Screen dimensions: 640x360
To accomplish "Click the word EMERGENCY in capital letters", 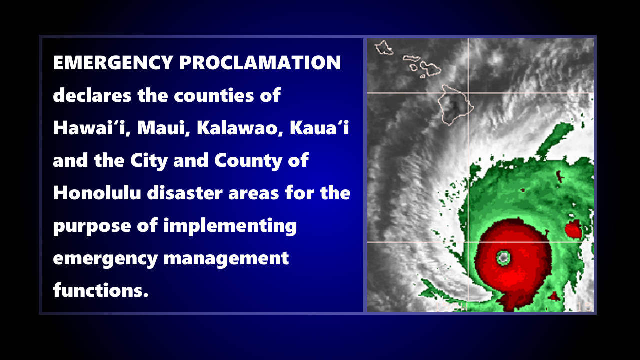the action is (x=113, y=62).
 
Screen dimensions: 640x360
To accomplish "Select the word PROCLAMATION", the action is (x=260, y=62).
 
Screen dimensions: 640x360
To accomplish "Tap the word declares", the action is (x=92, y=95).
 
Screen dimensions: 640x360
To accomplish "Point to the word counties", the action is (x=214, y=95).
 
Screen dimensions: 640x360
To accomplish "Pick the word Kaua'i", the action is (x=319, y=128).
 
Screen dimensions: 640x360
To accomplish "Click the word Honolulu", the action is (x=97, y=193).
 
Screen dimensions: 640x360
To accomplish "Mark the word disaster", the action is (x=185, y=193).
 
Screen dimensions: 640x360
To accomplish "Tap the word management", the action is (x=226, y=258).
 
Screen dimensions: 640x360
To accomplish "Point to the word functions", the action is (x=101, y=290).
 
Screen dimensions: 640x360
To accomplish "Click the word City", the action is (x=149, y=161).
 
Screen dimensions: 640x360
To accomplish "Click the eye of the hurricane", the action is (x=503, y=257).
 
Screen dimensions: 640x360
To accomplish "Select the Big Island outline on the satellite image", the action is (x=456, y=105).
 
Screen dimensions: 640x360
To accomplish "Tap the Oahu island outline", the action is (x=384, y=47).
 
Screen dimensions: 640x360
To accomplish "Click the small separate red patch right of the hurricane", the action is (x=573, y=229).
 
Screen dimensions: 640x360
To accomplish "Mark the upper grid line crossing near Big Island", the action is (x=469, y=93).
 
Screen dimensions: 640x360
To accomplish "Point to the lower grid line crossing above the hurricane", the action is (x=469, y=242).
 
